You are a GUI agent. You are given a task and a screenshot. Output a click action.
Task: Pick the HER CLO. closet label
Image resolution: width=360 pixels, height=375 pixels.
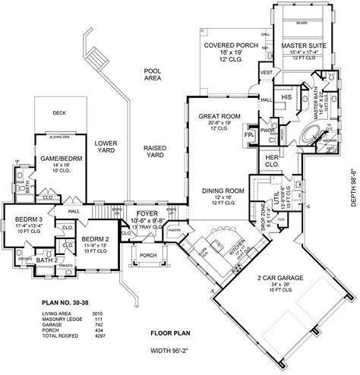(x=271, y=161)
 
